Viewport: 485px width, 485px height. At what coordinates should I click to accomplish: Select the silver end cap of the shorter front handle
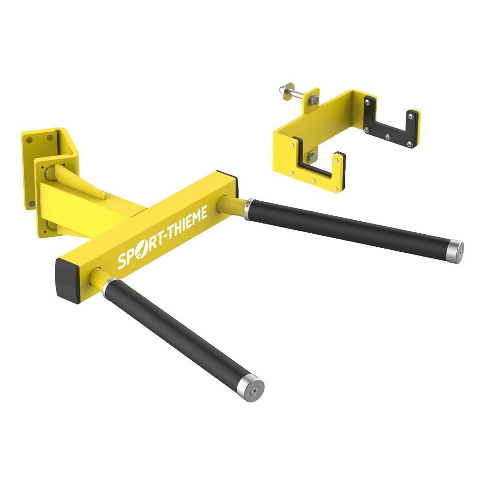(254, 388)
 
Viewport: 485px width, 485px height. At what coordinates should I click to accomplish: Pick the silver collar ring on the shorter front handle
(107, 287)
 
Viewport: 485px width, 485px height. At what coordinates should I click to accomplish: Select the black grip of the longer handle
(349, 228)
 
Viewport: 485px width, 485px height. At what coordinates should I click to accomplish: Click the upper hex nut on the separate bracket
(313, 101)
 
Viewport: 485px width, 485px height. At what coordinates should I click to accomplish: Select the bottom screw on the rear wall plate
(32, 203)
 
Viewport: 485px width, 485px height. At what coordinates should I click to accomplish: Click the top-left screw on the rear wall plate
(30, 140)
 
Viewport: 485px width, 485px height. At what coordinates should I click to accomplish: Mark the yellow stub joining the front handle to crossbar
(97, 278)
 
